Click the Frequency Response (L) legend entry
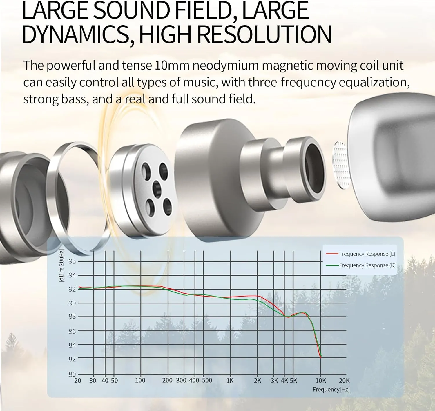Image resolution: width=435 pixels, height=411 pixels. [360, 254]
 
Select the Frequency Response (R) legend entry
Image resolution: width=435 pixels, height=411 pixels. [360, 265]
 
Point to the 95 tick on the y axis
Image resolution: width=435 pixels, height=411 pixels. [72, 261]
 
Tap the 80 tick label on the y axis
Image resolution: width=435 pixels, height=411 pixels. [72, 374]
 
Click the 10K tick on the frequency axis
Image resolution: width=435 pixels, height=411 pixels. [321, 381]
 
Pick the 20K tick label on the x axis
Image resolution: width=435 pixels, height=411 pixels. [344, 381]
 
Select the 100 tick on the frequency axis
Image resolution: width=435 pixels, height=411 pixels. [140, 381]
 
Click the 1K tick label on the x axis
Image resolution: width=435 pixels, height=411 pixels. [230, 381]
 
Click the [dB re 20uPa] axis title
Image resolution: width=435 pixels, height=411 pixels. [61, 265]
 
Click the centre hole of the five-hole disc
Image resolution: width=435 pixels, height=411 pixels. [157, 189]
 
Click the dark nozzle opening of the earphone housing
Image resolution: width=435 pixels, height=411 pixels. [315, 165]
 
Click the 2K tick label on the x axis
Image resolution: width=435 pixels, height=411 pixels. [257, 381]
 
